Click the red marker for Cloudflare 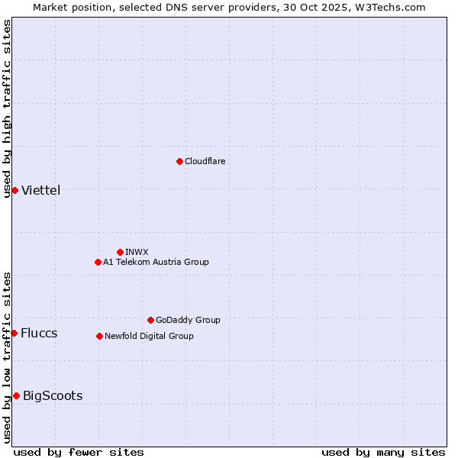(x=179, y=161)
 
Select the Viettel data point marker (x=15, y=190)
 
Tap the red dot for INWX (x=120, y=252)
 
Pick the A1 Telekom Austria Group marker (x=98, y=262)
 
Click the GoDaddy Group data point (x=150, y=320)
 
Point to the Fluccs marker (x=14, y=333)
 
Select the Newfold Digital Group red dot (x=99, y=336)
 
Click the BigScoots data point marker (x=16, y=395)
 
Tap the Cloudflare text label (x=205, y=161)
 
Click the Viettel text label (x=40, y=190)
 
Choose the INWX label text (x=137, y=252)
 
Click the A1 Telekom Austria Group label (x=156, y=262)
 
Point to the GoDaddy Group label (x=188, y=320)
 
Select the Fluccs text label (x=39, y=333)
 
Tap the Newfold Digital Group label (x=149, y=336)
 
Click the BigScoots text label (x=53, y=395)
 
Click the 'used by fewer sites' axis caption (x=79, y=452)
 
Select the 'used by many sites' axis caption (x=383, y=452)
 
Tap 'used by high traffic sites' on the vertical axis (x=7, y=108)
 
